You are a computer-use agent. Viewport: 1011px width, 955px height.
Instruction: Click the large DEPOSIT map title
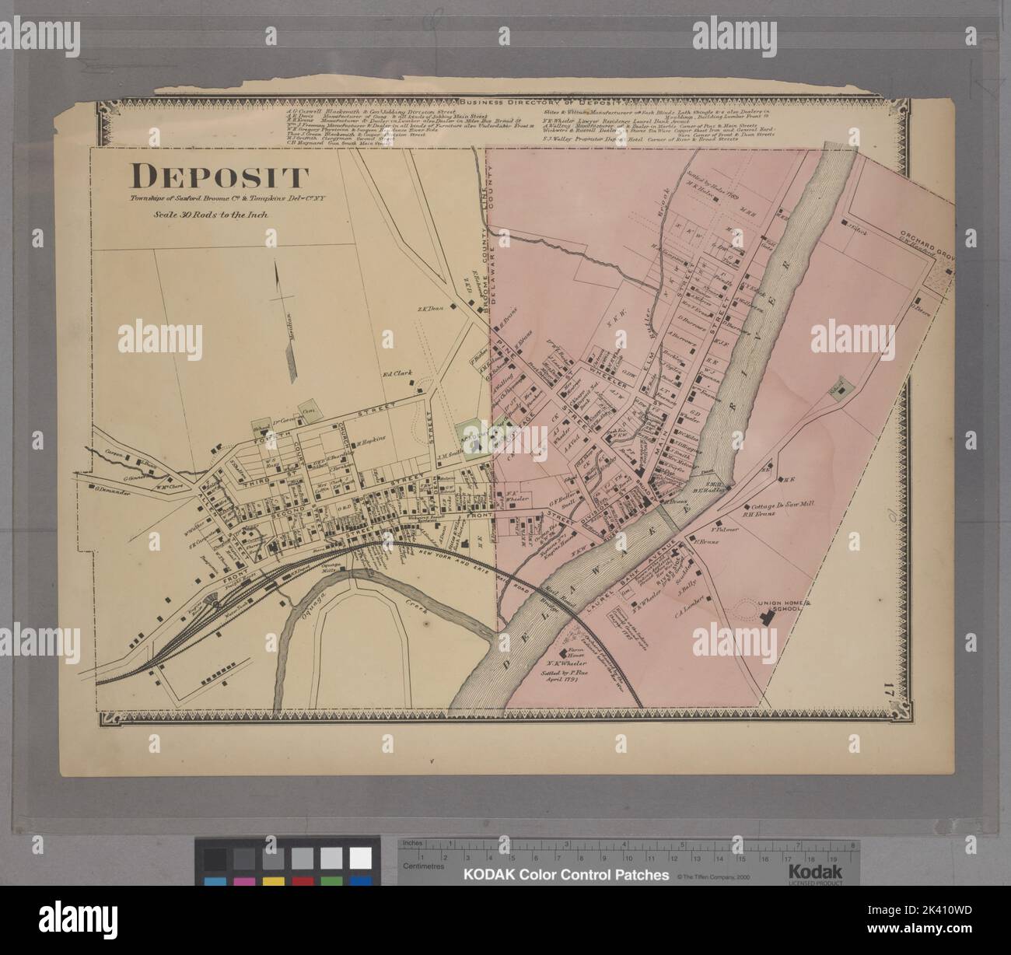coord(219,178)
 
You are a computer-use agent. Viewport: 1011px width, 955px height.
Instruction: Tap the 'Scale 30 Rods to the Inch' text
coord(210,215)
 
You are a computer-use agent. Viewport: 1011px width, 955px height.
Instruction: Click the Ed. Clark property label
coord(396,373)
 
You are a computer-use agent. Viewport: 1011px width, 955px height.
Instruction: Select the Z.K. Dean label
coord(429,309)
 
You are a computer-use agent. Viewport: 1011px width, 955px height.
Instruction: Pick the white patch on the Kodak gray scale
coord(360,858)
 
